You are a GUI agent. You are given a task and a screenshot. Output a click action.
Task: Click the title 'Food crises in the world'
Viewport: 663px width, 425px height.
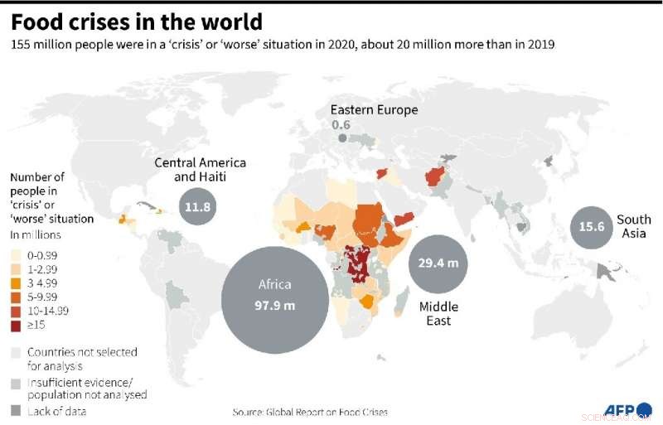click(x=137, y=21)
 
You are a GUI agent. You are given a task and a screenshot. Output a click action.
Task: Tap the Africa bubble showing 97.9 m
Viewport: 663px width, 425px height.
click(x=274, y=294)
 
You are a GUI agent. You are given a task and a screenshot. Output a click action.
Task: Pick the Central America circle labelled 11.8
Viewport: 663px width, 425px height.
click(x=198, y=207)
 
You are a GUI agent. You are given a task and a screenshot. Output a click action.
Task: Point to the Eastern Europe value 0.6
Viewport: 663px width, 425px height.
click(x=341, y=125)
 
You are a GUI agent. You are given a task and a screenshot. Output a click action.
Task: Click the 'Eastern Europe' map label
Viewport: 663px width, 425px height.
click(x=374, y=110)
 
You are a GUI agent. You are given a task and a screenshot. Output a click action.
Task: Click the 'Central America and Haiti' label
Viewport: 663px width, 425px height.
click(x=200, y=169)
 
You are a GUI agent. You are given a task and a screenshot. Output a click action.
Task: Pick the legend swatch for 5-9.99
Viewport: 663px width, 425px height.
click(x=15, y=297)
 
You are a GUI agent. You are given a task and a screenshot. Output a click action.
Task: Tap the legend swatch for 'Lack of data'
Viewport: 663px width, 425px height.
click(x=15, y=410)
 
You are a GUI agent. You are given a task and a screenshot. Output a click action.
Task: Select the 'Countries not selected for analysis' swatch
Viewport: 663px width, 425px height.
click(x=15, y=353)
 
